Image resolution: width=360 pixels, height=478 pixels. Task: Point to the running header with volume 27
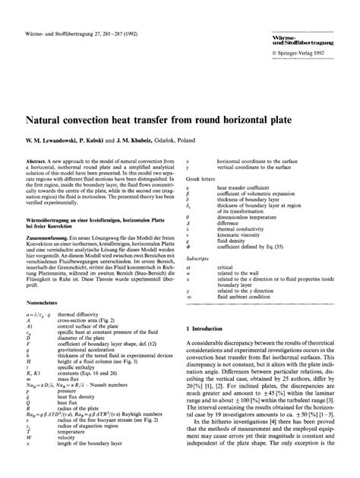click(x=73, y=11)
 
